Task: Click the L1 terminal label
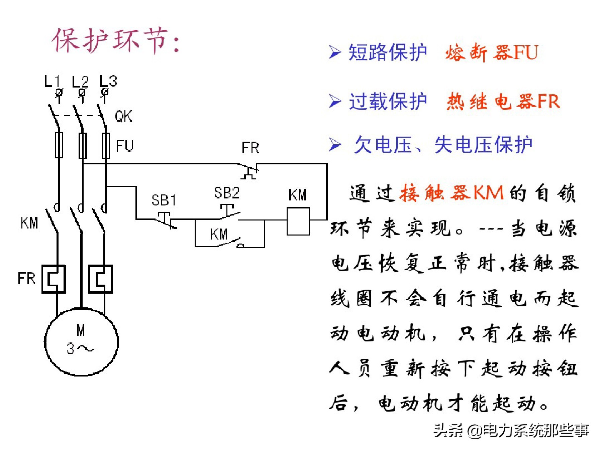53,81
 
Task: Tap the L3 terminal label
108,81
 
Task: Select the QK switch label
123,116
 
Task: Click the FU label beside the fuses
124,146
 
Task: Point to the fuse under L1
59,145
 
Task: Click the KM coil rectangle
298,221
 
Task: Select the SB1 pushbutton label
164,200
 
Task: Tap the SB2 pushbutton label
227,193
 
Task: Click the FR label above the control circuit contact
250,148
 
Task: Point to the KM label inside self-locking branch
219,234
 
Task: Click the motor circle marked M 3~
81,341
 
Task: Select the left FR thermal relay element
54,279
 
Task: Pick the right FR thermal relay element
100,279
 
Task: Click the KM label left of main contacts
29,223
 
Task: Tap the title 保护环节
115,41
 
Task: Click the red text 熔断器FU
492,53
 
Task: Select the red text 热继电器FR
503,101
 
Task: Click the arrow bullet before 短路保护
335,52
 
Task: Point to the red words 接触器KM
451,193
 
